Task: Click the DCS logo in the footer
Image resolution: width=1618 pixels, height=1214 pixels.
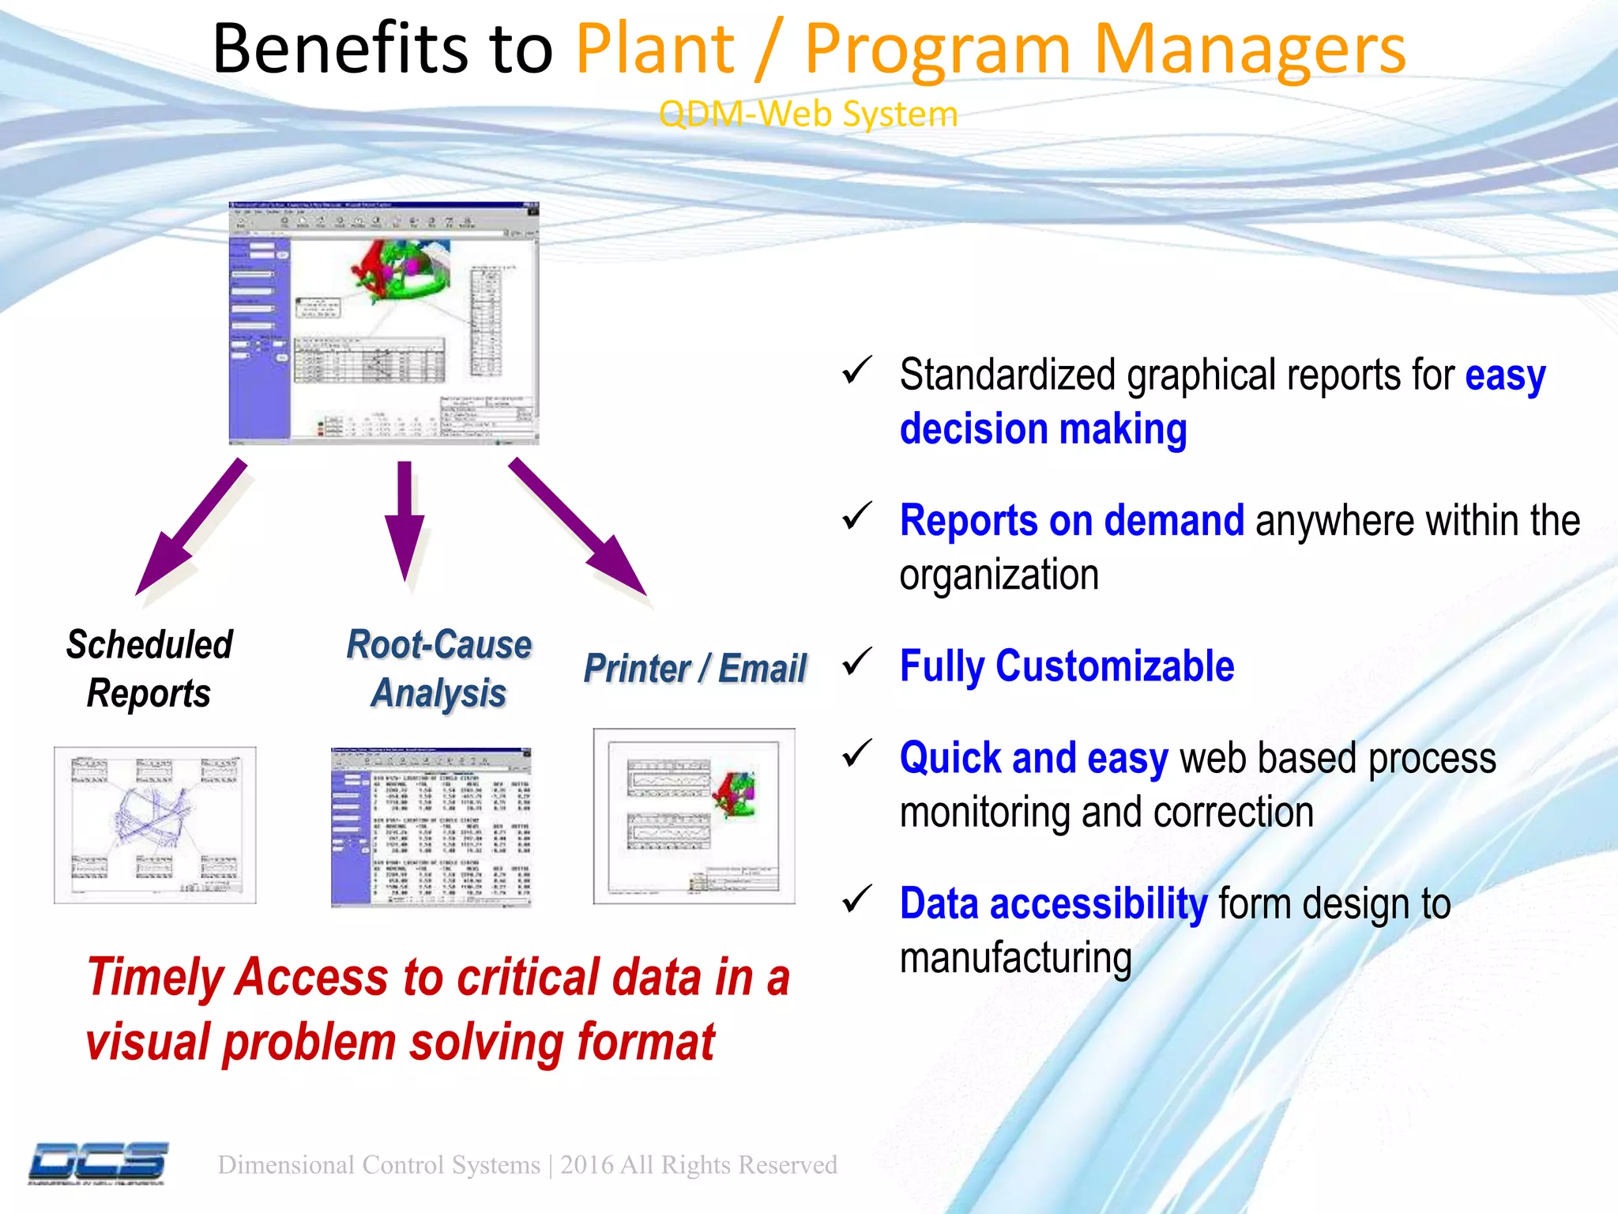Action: [99, 1163]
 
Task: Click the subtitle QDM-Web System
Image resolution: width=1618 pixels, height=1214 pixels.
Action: [808, 114]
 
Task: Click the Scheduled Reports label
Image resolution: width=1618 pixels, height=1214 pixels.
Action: [149, 669]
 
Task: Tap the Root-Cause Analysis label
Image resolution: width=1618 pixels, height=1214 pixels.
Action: [439, 669]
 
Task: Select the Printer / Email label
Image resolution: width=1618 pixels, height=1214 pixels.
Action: [694, 669]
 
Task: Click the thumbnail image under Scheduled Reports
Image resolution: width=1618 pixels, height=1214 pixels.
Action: [155, 824]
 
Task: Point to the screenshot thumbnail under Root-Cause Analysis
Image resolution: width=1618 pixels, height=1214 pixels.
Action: [431, 826]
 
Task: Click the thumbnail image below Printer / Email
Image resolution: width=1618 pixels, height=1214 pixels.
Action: [694, 816]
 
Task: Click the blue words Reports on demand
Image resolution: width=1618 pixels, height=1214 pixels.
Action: [1072, 521]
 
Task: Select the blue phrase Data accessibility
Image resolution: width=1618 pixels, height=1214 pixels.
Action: [1053, 903]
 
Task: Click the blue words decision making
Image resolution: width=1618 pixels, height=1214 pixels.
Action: [1043, 429]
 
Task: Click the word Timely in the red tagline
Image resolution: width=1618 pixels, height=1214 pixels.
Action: [156, 977]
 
